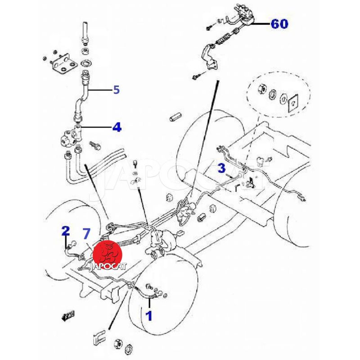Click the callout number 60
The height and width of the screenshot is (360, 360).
point(279,23)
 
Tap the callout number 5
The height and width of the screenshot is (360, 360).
point(116,90)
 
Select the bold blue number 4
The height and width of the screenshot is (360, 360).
point(117,127)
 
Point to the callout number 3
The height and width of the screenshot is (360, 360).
point(221,169)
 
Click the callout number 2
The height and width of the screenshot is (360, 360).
point(66,231)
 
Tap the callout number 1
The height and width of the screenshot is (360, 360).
point(148,316)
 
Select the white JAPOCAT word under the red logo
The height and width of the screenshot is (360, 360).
point(108,267)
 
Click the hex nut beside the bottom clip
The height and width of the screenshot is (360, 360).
point(119,343)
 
